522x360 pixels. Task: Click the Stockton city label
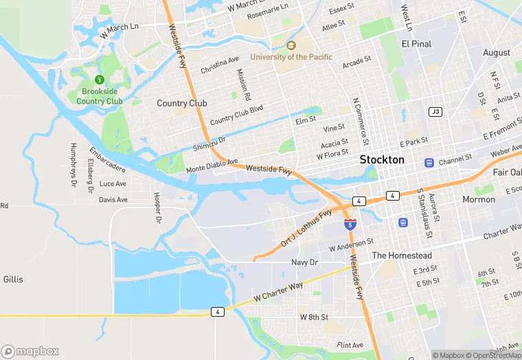tap(383, 159)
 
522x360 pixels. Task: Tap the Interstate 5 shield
tap(350, 223)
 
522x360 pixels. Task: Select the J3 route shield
tap(435, 111)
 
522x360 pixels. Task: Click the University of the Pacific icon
tap(290, 45)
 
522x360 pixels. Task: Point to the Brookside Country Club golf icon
tap(100, 80)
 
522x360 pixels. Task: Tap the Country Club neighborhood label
tap(181, 103)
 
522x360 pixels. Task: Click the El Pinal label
tap(416, 43)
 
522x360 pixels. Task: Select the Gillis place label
tap(12, 280)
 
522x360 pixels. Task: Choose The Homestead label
tap(402, 256)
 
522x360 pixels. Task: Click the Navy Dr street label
tap(305, 262)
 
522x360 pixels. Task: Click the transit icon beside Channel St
tap(429, 163)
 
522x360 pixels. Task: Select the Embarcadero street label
tap(107, 159)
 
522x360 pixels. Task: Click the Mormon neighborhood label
tap(478, 199)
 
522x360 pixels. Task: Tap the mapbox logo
tap(31, 350)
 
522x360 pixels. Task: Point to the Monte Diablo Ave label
tap(212, 165)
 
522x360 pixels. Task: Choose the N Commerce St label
tap(357, 116)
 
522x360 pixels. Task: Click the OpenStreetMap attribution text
tap(492, 355)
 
